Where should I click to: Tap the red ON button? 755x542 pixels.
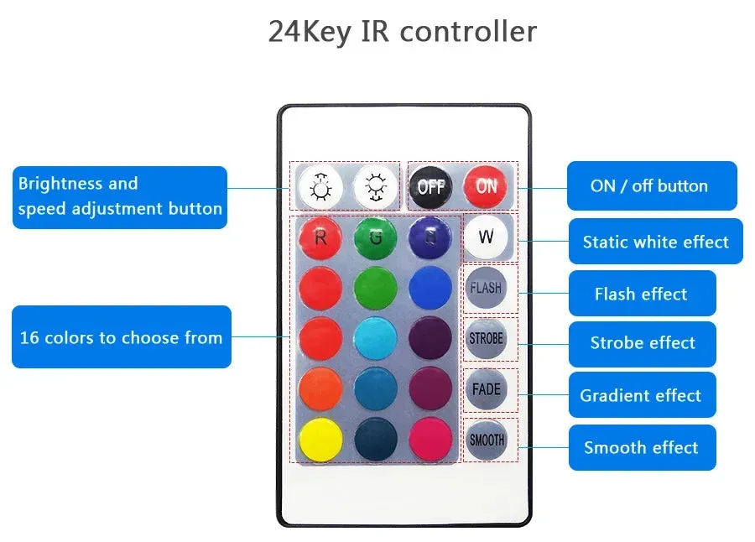point(486,186)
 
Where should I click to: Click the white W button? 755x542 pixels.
point(486,237)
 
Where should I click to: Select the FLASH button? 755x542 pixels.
point(486,288)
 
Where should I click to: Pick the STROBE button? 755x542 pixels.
point(486,339)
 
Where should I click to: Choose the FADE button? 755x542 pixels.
point(486,389)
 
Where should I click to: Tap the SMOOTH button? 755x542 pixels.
point(486,439)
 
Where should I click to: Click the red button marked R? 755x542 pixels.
point(320,237)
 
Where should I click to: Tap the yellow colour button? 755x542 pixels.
point(320,439)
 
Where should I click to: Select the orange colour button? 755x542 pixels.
point(320,388)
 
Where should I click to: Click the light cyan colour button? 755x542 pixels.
point(375,338)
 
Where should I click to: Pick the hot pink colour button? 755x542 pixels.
point(430,439)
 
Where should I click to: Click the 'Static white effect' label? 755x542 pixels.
point(655,242)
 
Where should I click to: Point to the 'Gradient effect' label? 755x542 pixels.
point(641,395)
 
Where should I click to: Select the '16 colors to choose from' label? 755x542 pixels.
point(121,337)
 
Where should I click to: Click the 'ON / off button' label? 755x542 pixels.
point(651,186)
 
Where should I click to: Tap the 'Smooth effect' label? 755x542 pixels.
point(641,447)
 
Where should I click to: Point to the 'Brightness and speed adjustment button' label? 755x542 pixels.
point(120,196)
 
